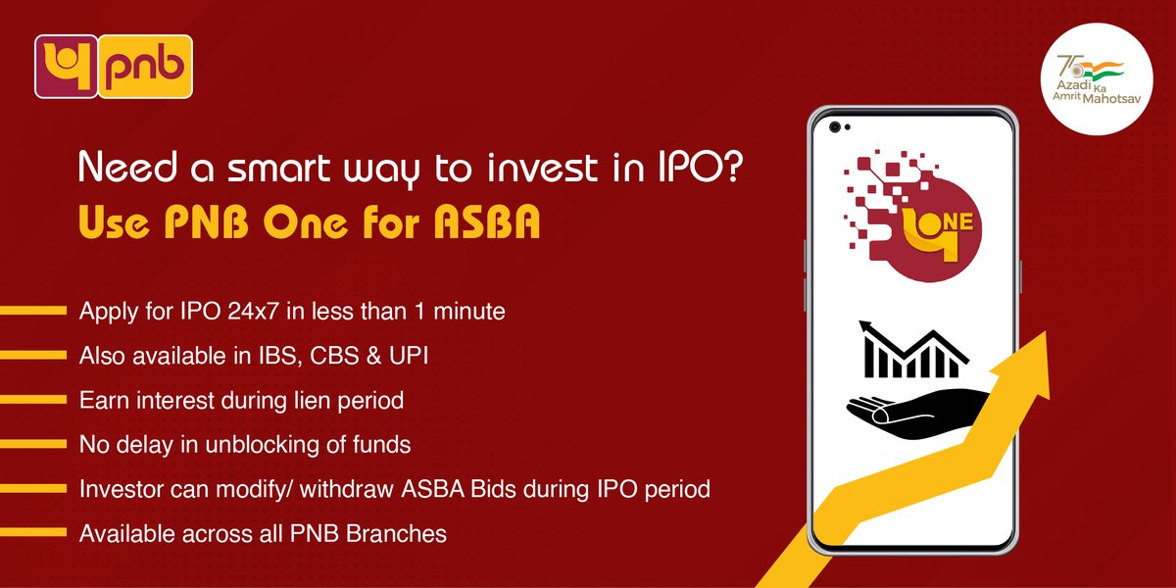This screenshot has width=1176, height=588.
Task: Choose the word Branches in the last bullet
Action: pyautogui.click(x=403, y=534)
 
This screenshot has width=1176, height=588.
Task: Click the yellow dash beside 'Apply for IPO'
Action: pyautogui.click(x=32, y=313)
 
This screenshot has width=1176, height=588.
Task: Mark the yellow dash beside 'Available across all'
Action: pyautogui.click(x=32, y=534)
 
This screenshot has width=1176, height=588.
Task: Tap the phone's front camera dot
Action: pyautogui.click(x=834, y=127)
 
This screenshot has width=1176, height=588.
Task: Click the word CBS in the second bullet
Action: pyautogui.click(x=336, y=356)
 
